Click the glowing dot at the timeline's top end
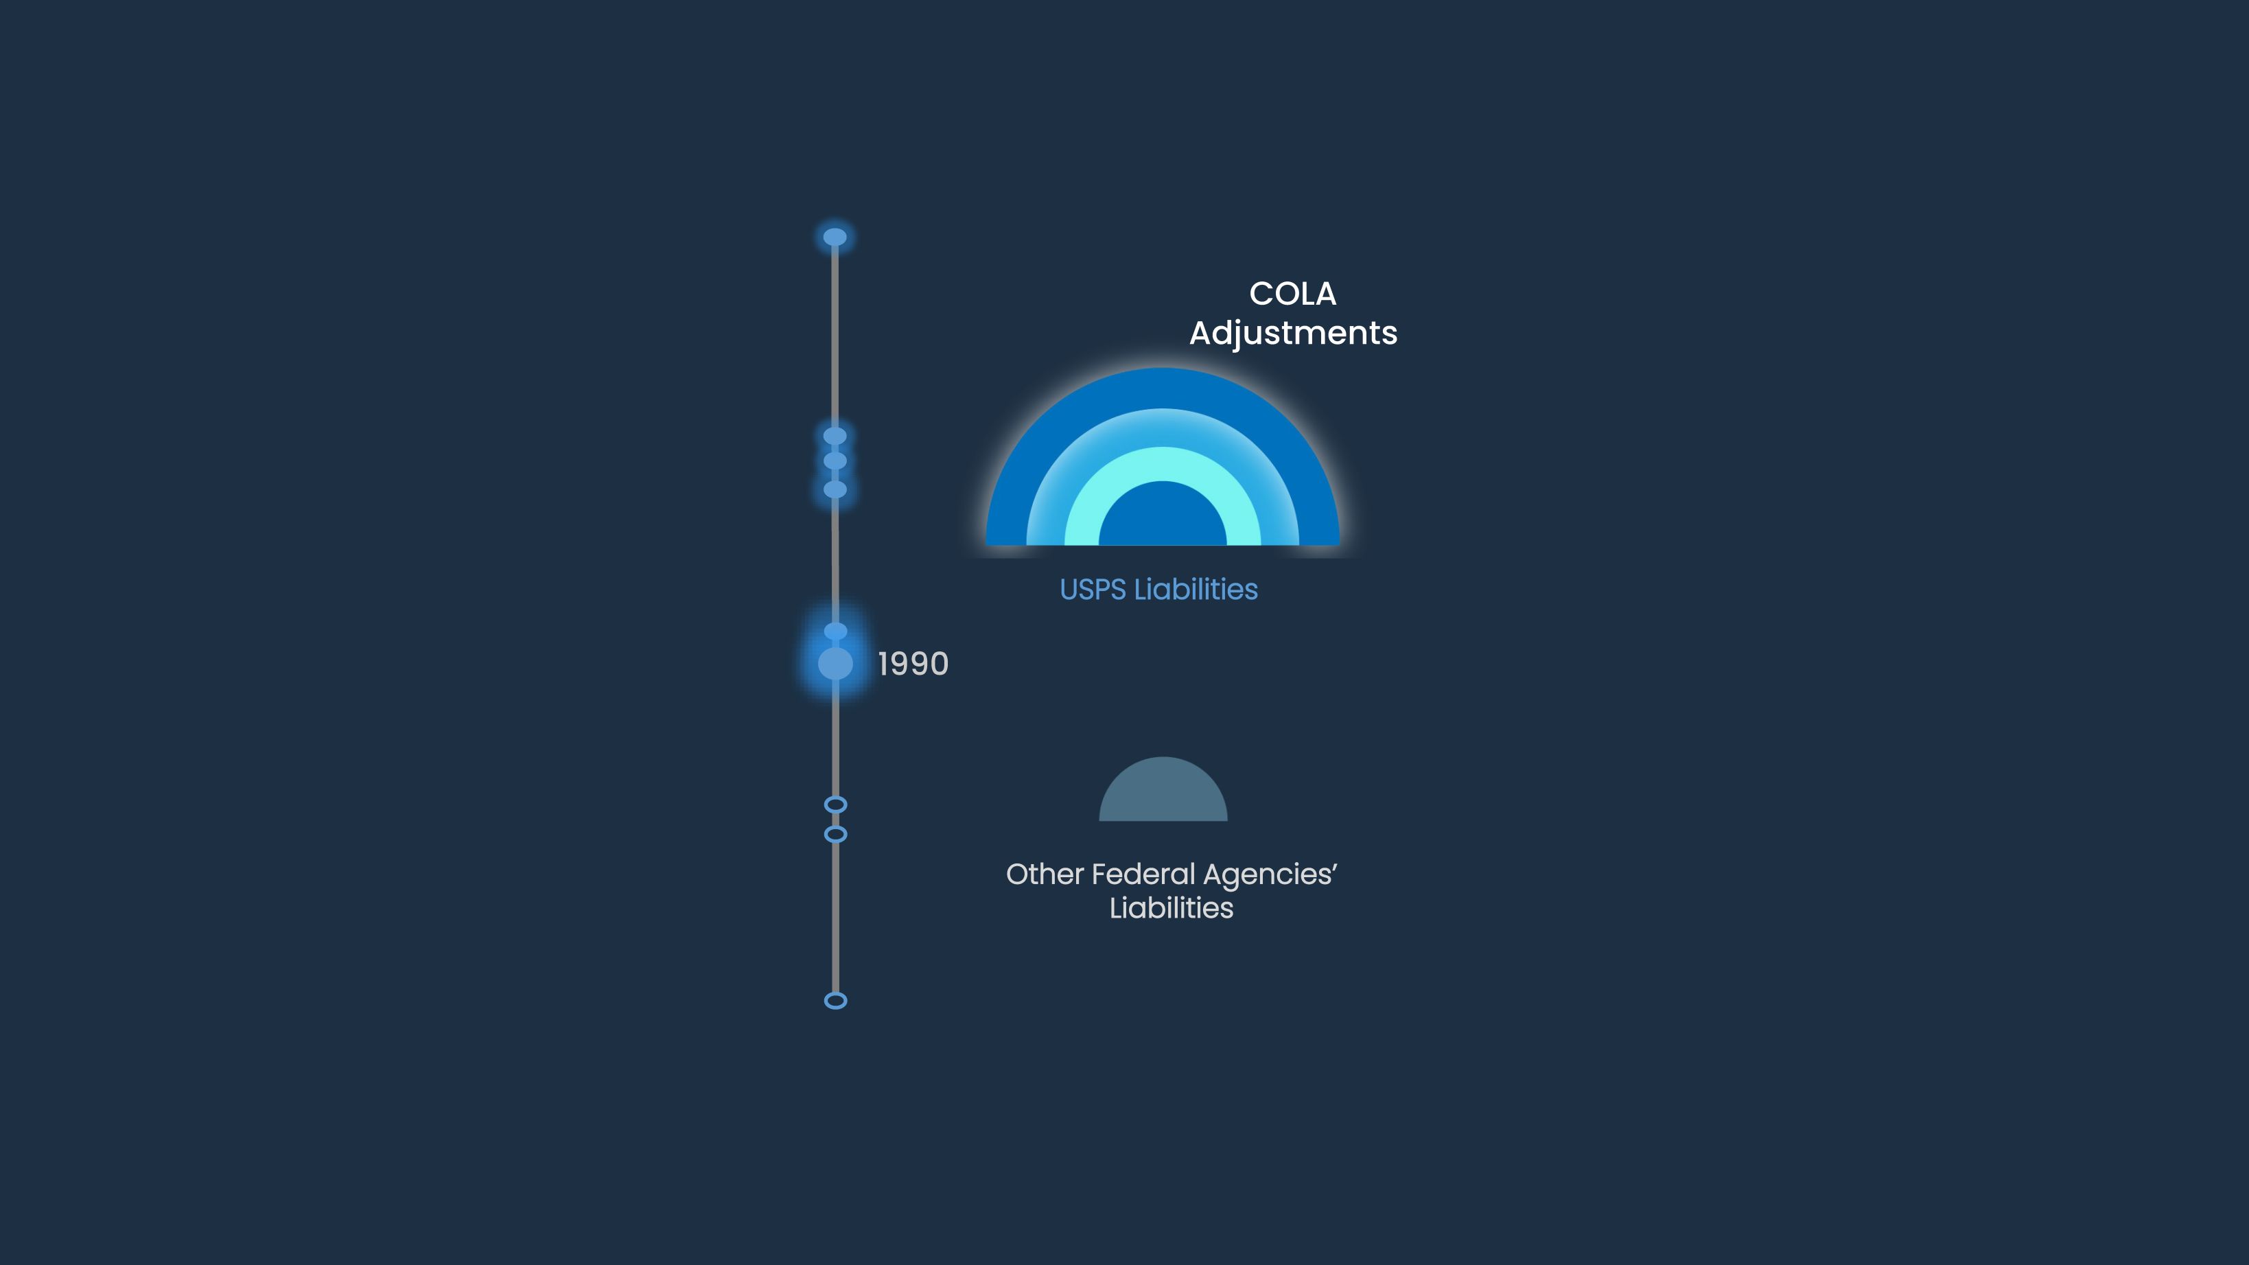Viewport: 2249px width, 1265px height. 835,237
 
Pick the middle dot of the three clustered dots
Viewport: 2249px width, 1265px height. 835,460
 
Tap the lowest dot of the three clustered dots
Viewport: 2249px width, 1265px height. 835,489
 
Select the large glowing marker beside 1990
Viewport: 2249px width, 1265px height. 835,664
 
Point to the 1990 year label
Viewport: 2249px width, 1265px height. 913,664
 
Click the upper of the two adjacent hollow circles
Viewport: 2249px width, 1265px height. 835,804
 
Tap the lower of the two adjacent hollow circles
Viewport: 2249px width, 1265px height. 835,835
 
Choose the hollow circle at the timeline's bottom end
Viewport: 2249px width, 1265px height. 835,1001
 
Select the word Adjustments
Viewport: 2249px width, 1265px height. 1293,334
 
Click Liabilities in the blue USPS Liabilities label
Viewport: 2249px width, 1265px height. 1196,590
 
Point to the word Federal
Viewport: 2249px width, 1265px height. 1143,874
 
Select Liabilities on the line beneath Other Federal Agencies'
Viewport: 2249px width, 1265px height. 1172,908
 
